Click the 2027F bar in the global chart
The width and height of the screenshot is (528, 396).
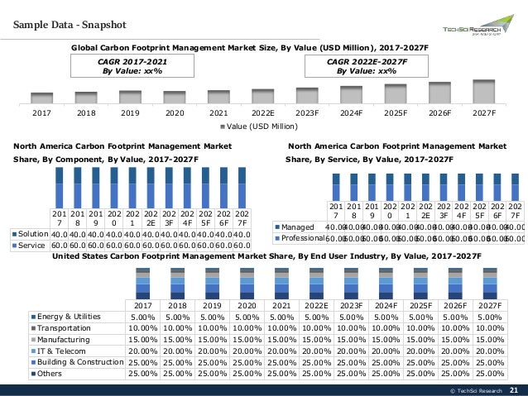coord(483,92)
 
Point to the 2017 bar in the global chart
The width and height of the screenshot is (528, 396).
coord(41,98)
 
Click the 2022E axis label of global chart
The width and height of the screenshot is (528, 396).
coord(262,113)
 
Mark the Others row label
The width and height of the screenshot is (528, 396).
coord(51,374)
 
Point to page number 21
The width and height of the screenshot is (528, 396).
coord(513,390)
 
